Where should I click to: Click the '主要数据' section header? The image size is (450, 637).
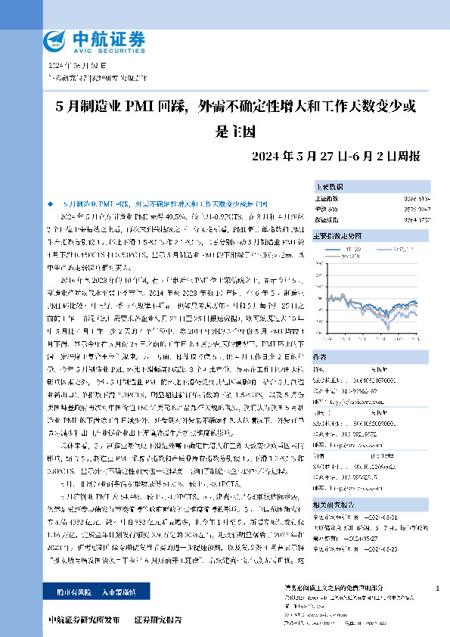click(330, 186)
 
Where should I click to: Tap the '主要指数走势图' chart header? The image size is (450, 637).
click(338, 235)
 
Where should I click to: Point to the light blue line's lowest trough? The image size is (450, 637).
click(390, 328)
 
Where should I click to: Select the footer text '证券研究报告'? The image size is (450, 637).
click(157, 620)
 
